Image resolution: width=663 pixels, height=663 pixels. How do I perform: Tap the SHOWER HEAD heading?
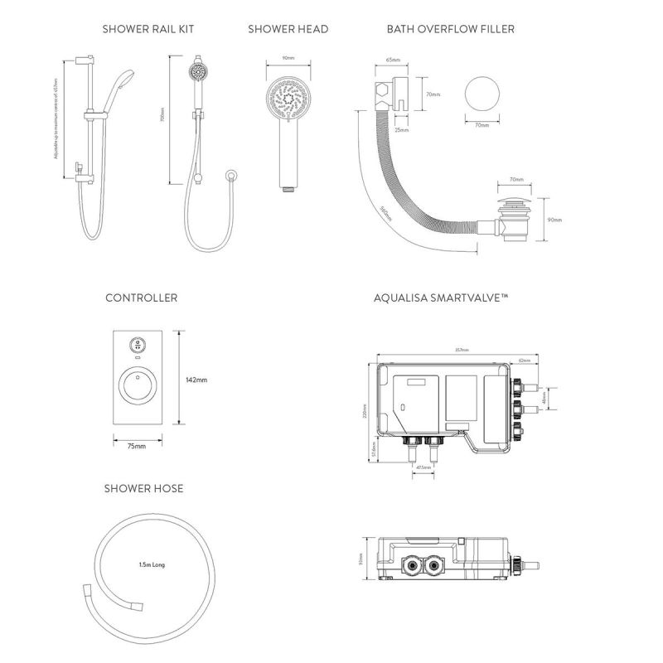point(288,29)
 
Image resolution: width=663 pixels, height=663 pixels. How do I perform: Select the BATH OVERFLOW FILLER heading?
point(450,29)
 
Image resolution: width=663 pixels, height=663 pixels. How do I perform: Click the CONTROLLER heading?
point(141,298)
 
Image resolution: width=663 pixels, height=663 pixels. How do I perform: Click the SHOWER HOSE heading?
point(143,489)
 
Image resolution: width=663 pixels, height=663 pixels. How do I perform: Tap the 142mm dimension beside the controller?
point(196,380)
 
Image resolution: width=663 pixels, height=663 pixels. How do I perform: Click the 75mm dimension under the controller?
point(137,447)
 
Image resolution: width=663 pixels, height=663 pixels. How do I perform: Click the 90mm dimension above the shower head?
point(288,59)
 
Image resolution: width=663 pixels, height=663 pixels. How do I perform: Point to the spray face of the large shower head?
point(288,99)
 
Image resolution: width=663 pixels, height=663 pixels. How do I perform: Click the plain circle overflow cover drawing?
point(482,95)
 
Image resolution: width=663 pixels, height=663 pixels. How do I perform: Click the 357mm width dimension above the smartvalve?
point(462,350)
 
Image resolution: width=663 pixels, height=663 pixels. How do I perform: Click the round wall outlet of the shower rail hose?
point(233,174)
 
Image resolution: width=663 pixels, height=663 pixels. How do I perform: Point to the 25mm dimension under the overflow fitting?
point(402,129)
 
